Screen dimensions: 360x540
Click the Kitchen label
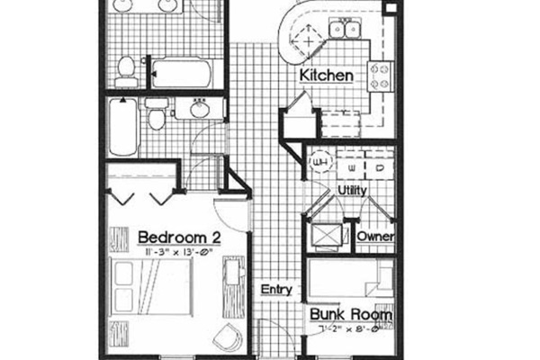coord(326,76)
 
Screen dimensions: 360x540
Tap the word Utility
coord(350,191)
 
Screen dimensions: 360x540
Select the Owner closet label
coord(374,236)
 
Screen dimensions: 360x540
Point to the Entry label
coord(275,290)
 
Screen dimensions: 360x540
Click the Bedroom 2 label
coord(179,237)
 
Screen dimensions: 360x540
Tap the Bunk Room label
coord(351,316)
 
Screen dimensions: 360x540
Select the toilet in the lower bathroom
coord(156,116)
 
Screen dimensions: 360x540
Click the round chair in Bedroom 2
coord(225,337)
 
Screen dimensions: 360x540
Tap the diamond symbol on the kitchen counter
coord(310,40)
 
